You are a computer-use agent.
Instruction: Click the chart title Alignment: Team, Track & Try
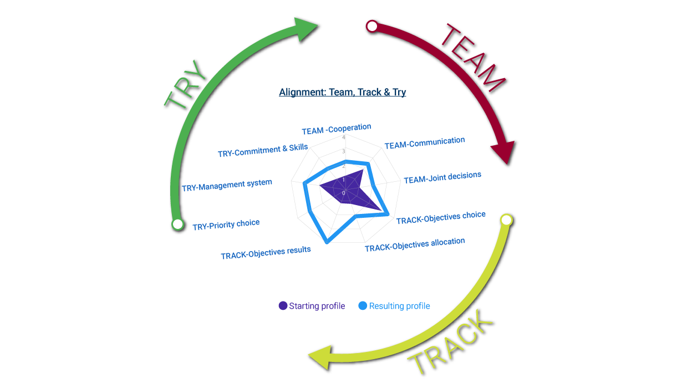[x=342, y=93]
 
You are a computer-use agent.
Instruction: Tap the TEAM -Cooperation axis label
[x=336, y=130]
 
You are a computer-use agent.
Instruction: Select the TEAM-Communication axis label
[x=424, y=143]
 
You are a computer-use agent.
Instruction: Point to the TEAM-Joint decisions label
[x=442, y=178]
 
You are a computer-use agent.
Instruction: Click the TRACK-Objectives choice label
[x=441, y=217]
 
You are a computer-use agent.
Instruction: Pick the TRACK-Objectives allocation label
[x=414, y=245]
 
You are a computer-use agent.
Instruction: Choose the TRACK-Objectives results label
[x=266, y=253]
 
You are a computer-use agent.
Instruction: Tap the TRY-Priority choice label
[x=226, y=225]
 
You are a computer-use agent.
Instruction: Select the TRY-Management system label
[x=227, y=185]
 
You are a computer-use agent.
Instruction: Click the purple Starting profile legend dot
[x=283, y=306]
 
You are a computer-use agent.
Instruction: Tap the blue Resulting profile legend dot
[x=363, y=306]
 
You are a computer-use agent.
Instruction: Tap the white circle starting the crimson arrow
[x=372, y=26]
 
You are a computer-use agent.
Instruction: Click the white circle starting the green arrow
[x=177, y=224]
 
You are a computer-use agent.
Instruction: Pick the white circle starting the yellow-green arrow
[x=506, y=220]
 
